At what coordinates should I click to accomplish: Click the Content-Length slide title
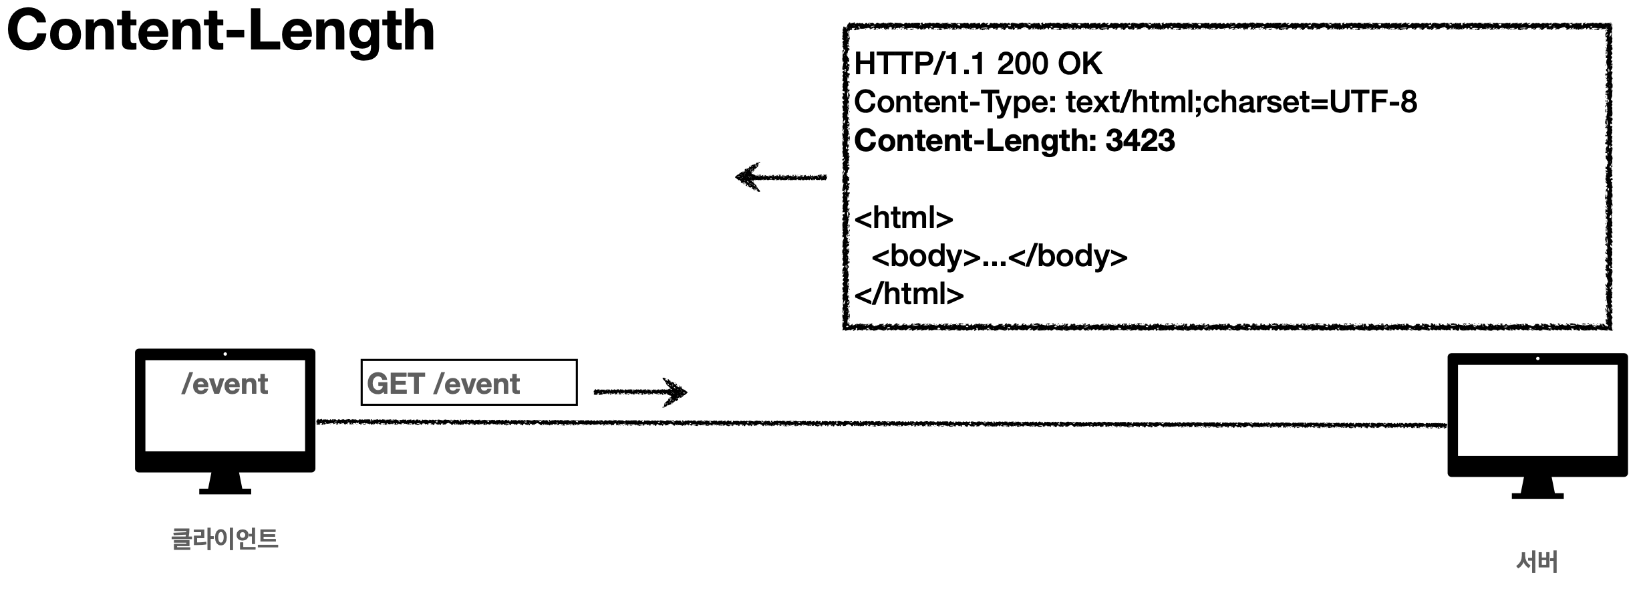pyautogui.click(x=220, y=32)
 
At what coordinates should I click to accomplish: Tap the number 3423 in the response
pyautogui.click(x=1140, y=141)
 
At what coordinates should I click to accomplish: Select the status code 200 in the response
pyautogui.click(x=1022, y=64)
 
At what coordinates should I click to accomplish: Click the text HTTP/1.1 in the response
pyautogui.click(x=921, y=64)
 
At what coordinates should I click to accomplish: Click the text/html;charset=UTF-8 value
pyautogui.click(x=1241, y=102)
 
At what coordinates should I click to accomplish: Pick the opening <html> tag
pyautogui.click(x=903, y=218)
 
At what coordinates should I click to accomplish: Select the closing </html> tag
pyautogui.click(x=909, y=294)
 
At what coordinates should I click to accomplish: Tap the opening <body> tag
pyautogui.click(x=925, y=256)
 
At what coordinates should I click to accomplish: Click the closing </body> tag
pyautogui.click(x=1068, y=256)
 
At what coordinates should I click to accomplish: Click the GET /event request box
pyautogui.click(x=468, y=383)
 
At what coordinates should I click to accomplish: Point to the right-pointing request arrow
pyautogui.click(x=640, y=392)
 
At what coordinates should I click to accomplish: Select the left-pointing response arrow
pyautogui.click(x=780, y=177)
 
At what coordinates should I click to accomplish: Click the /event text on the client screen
pyautogui.click(x=225, y=384)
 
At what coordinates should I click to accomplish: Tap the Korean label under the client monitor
pyautogui.click(x=225, y=539)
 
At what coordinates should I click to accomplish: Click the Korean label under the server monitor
pyautogui.click(x=1537, y=562)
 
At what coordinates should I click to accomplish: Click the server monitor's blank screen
pyautogui.click(x=1537, y=419)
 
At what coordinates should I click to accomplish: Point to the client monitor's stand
pyautogui.click(x=225, y=483)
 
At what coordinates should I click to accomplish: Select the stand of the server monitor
pyautogui.click(x=1537, y=488)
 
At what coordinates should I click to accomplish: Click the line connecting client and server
pyautogui.click(x=869, y=423)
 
